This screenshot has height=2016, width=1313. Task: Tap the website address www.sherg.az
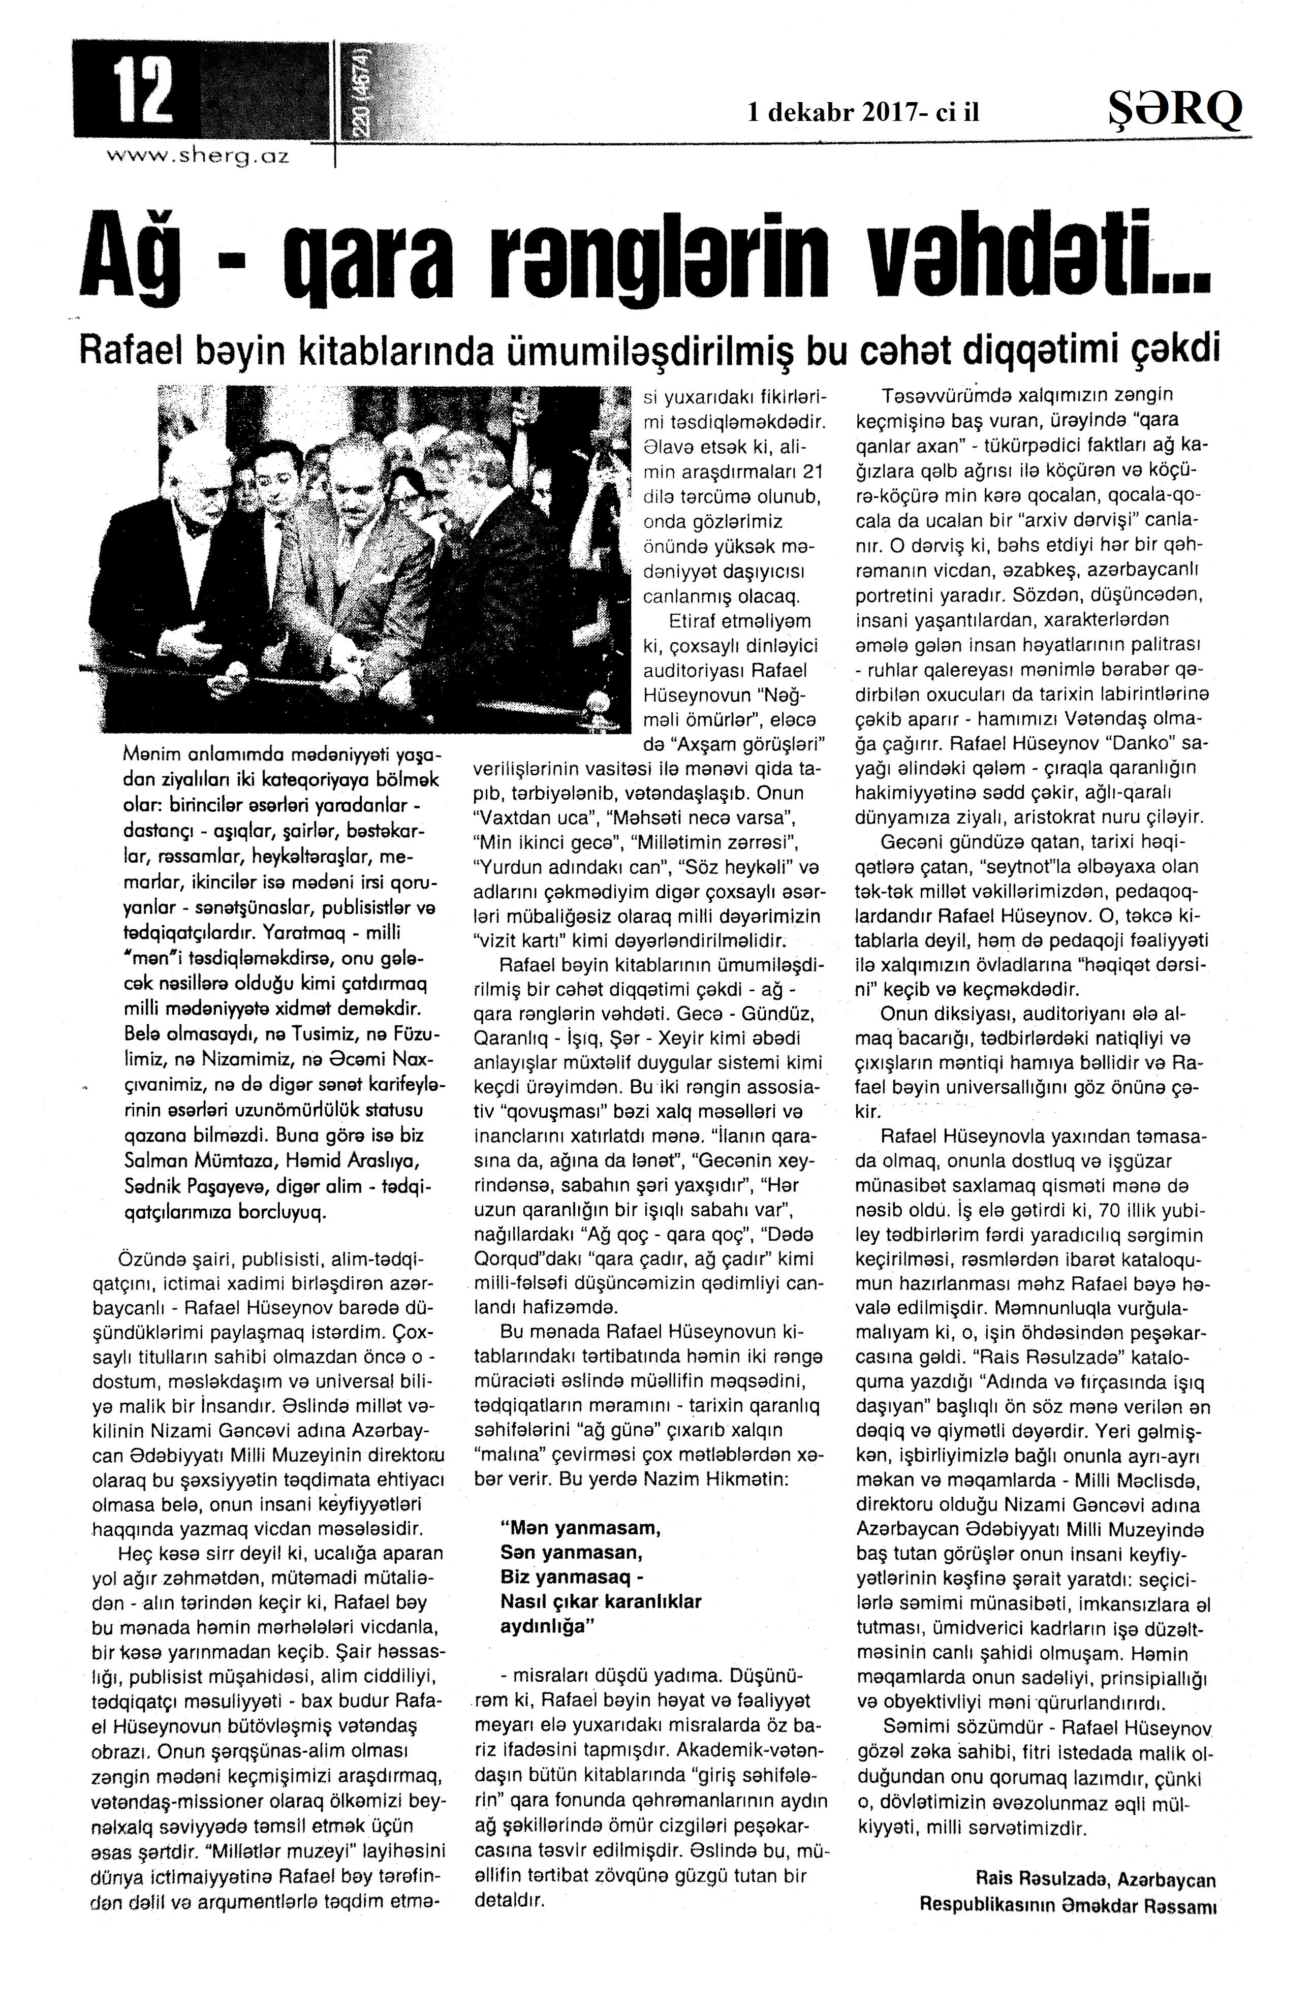pos(197,156)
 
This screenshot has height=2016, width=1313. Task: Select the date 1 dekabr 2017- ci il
pos(863,112)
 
